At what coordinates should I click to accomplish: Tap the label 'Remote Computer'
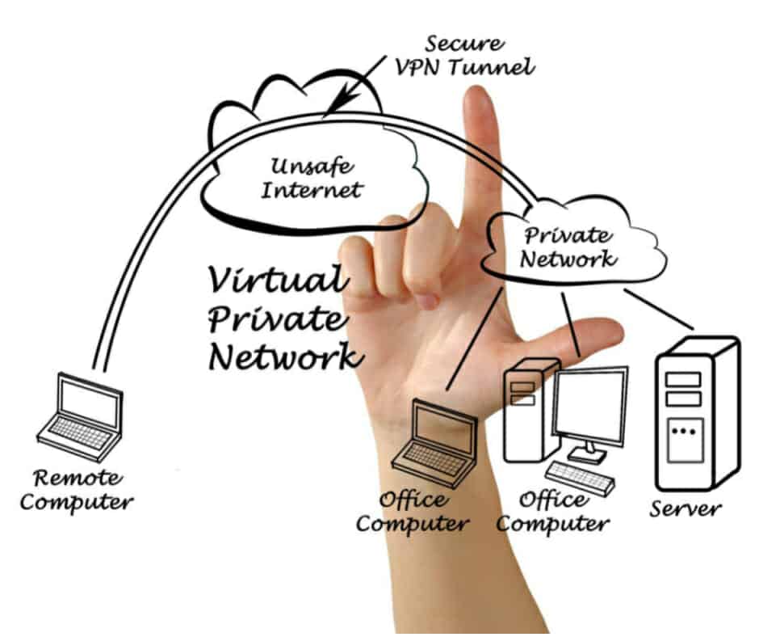pyautogui.click(x=76, y=490)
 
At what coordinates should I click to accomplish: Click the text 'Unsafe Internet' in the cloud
pyautogui.click(x=315, y=180)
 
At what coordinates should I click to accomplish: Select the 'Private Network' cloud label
pyautogui.click(x=567, y=247)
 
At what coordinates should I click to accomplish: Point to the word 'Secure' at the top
pyautogui.click(x=464, y=43)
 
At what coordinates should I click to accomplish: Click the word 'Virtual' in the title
pyautogui.click(x=275, y=281)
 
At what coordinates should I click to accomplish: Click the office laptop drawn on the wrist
pyautogui.click(x=431, y=441)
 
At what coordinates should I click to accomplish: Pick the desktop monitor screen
pyautogui.click(x=589, y=405)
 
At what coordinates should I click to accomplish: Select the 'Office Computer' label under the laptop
pyautogui.click(x=413, y=511)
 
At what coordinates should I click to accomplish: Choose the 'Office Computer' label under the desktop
pyautogui.click(x=553, y=511)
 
